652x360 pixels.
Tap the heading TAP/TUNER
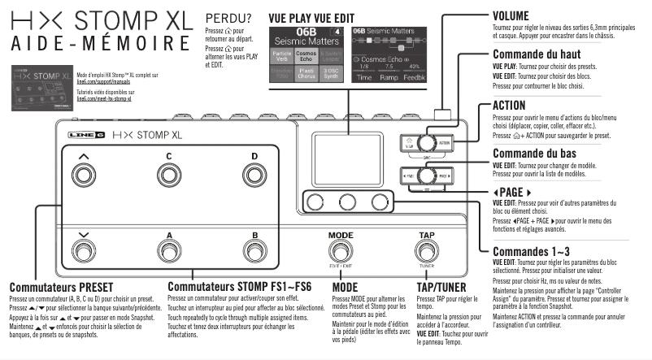[x=441, y=287]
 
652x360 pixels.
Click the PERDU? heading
[x=228, y=18]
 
